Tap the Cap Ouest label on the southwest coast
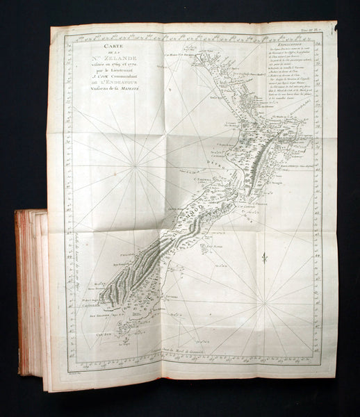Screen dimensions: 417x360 (88, 303)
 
